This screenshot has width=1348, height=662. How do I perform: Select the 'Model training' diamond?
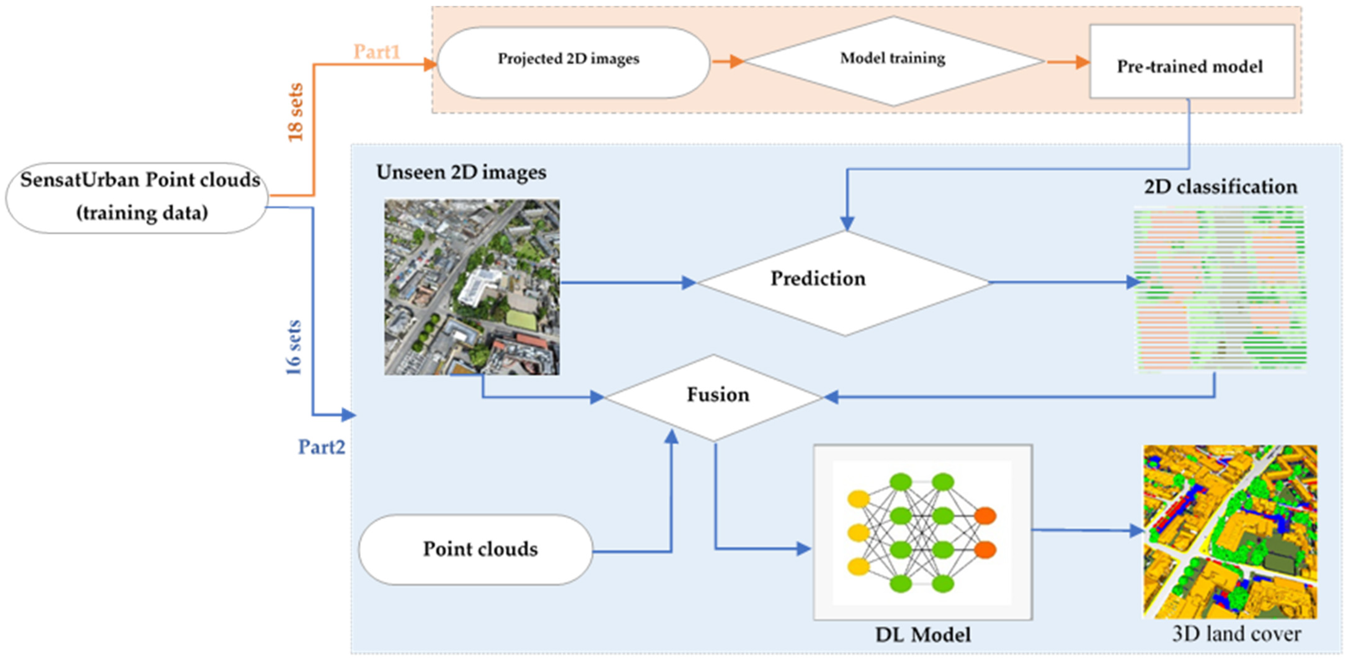(893, 60)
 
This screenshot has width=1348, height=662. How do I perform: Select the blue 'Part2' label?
(321, 447)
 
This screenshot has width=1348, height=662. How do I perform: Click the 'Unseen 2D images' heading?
(461, 172)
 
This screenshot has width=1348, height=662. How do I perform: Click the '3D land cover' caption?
(1236, 634)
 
